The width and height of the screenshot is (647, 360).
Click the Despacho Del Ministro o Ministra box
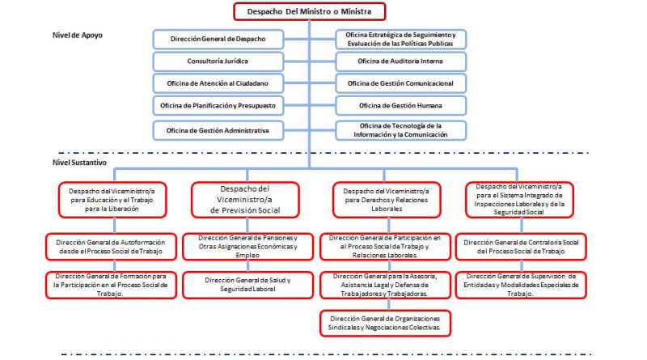click(310, 11)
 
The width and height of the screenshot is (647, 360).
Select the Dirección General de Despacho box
click(218, 39)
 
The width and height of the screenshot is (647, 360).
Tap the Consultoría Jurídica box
click(218, 61)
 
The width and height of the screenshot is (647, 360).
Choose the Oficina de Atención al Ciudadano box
click(218, 83)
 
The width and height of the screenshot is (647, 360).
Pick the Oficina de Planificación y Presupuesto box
click(218, 106)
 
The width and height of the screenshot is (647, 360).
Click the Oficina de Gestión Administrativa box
click(218, 129)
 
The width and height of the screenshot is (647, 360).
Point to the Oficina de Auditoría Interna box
click(400, 61)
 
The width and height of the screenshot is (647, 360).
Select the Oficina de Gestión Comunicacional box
click(400, 83)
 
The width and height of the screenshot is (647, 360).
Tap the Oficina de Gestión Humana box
click(400, 106)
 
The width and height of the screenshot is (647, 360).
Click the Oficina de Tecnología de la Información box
click(400, 129)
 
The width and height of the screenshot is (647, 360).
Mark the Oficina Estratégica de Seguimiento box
click(400, 39)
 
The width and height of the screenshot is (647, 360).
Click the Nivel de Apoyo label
click(78, 36)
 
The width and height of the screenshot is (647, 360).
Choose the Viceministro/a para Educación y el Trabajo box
click(112, 199)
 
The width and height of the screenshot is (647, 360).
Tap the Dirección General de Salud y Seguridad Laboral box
click(247, 284)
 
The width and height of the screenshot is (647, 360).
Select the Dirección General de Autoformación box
click(112, 246)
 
